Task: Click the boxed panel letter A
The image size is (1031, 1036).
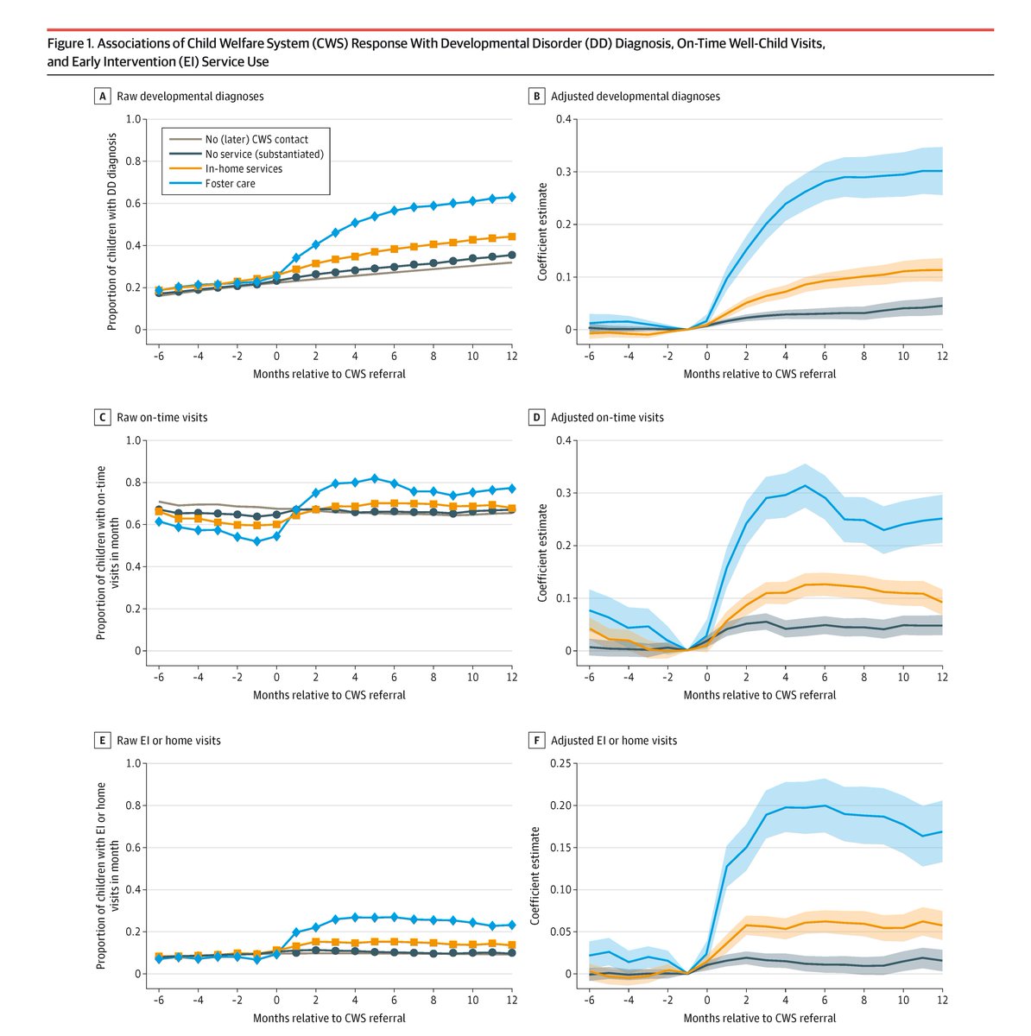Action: pos(104,97)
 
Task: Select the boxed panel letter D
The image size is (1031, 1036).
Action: pos(537,417)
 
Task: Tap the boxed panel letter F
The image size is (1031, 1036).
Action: pos(537,741)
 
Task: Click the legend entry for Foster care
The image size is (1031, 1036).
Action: pos(230,183)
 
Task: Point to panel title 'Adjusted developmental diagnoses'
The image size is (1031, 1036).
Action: pos(635,97)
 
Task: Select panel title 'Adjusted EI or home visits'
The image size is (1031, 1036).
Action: pos(614,741)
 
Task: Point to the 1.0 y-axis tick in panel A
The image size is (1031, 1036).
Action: pos(134,119)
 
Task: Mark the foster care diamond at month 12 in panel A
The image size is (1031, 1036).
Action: pos(511,197)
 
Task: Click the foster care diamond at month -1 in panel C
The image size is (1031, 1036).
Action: pos(256,541)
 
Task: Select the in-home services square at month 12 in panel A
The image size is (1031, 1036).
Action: pos(511,237)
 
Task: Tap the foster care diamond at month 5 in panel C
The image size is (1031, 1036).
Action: pos(375,478)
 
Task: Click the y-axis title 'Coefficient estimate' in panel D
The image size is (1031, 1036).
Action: pos(543,546)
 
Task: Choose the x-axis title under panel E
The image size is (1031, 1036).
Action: pos(329,1018)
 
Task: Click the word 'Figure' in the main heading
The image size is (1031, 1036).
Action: pos(65,43)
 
